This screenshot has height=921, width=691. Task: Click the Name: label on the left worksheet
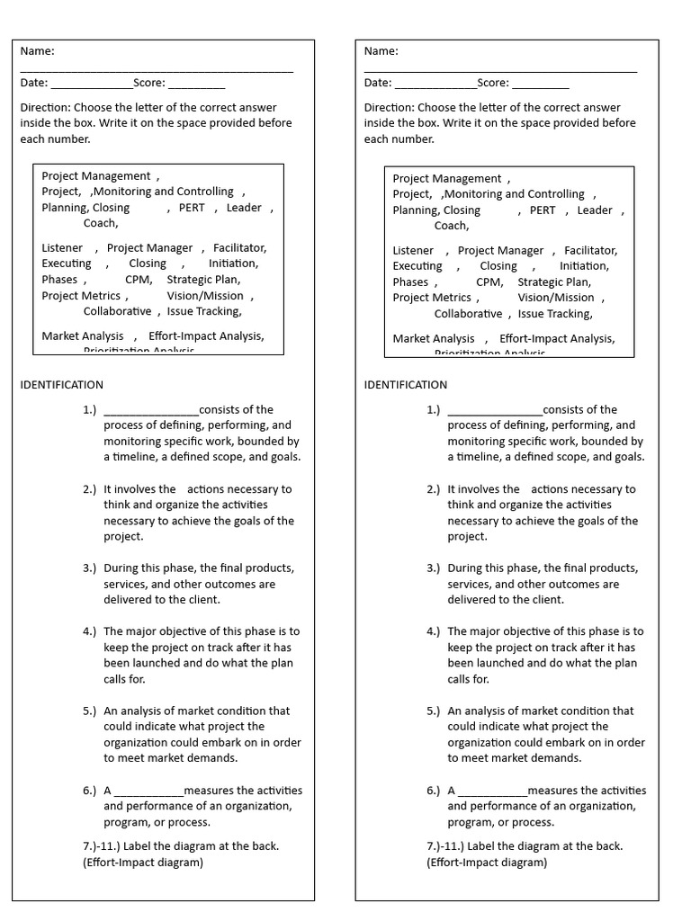[37, 51]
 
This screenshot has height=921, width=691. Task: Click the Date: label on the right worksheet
[378, 83]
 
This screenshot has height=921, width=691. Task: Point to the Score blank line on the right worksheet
[540, 86]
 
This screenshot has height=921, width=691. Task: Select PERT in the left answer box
[192, 208]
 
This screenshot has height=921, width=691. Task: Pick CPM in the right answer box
[489, 282]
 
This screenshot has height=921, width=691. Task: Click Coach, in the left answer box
[101, 223]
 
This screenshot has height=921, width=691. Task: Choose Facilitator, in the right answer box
[590, 251]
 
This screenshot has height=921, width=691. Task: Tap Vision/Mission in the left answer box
[205, 296]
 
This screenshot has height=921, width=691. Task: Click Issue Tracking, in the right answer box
[555, 314]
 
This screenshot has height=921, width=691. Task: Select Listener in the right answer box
[413, 251]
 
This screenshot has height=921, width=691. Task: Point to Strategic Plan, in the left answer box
[203, 280]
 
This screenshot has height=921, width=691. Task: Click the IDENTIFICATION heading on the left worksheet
[62, 385]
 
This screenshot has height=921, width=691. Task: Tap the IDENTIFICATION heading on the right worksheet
[406, 385]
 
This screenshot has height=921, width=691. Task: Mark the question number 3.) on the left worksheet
[89, 568]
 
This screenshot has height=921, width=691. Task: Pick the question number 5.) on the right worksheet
[434, 711]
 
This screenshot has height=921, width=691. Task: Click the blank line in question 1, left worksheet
[151, 412]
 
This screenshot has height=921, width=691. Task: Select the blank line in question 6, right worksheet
[492, 793]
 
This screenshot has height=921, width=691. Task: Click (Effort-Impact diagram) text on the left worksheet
[143, 863]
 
